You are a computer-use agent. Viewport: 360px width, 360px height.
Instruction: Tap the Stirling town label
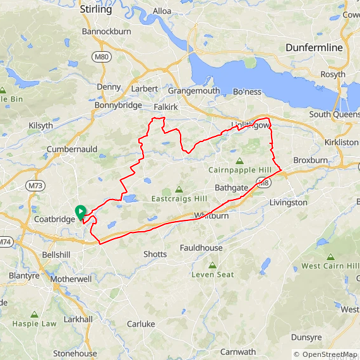coord(96,9)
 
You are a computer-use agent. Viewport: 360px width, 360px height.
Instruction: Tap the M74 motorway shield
coord(6,242)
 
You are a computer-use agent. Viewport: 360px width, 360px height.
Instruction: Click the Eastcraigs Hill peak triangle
coord(179,189)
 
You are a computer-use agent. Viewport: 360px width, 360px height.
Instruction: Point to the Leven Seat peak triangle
coord(212,265)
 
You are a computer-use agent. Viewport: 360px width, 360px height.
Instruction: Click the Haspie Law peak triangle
coord(34,314)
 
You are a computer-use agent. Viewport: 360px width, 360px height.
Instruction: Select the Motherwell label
coord(71,279)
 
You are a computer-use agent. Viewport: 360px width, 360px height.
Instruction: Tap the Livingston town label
coord(288,203)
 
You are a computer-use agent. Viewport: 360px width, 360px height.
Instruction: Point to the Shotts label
coord(155,254)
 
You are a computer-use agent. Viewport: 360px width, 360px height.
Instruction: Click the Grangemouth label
coord(194,91)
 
